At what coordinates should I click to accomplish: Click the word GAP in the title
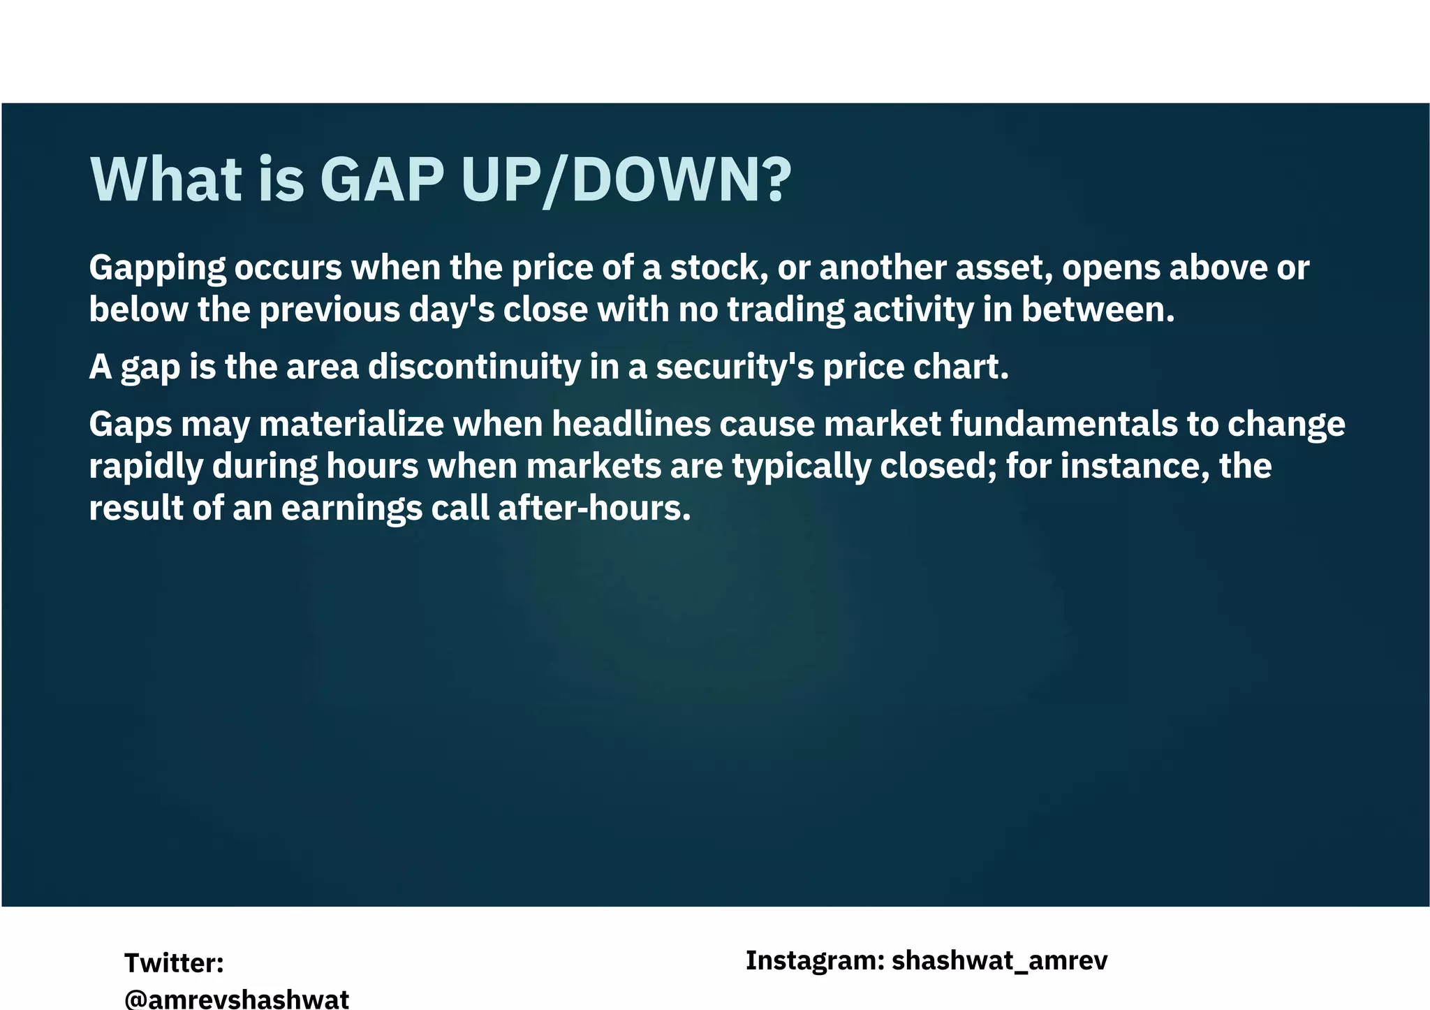(381, 180)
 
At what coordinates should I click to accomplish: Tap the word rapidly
(146, 467)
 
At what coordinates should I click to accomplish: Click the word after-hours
(594, 508)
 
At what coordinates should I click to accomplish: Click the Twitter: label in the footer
(174, 963)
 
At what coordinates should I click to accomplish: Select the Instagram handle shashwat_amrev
(999, 961)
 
